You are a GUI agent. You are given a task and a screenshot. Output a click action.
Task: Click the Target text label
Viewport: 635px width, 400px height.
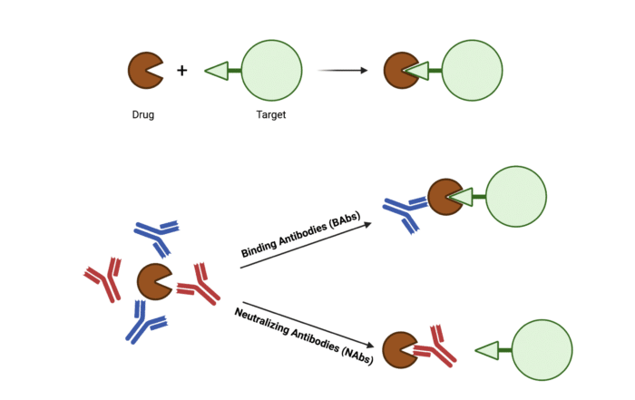click(271, 115)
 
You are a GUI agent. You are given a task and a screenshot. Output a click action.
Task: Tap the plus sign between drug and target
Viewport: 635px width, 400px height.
click(181, 70)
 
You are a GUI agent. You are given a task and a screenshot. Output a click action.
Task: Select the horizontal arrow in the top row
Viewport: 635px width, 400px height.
click(343, 70)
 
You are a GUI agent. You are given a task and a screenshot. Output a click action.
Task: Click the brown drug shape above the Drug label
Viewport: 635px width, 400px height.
click(144, 70)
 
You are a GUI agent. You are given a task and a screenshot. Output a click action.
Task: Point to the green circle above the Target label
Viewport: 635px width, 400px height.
click(271, 70)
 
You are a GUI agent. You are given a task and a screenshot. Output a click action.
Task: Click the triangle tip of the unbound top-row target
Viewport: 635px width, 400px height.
click(215, 70)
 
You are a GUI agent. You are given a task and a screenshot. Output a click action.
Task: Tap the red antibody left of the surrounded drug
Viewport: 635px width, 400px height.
click(105, 279)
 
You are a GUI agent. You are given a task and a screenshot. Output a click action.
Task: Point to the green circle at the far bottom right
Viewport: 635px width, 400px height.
click(542, 349)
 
